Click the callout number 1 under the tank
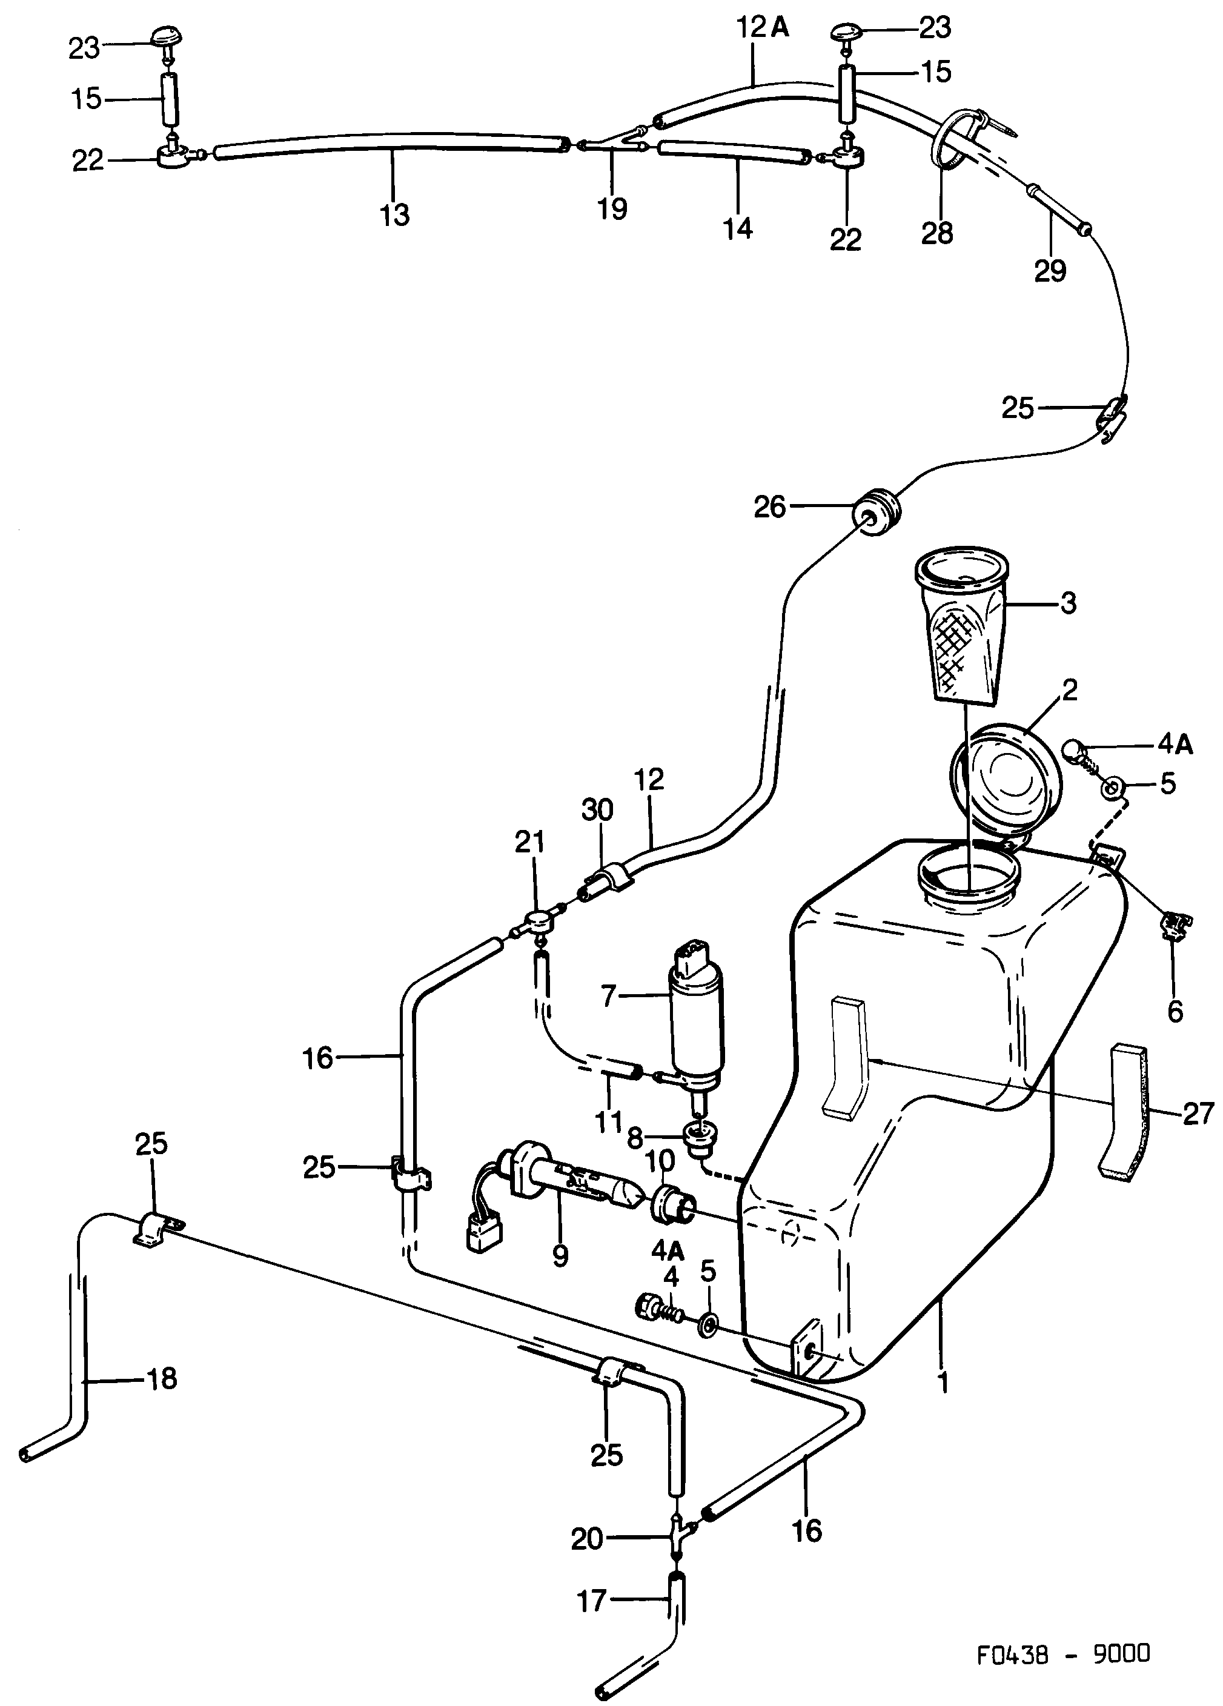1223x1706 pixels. point(943,1382)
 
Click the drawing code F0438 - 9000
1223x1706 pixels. point(1064,1653)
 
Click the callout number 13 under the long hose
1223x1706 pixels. point(395,214)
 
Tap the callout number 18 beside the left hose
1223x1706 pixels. point(162,1379)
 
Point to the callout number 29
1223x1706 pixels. point(1050,270)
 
